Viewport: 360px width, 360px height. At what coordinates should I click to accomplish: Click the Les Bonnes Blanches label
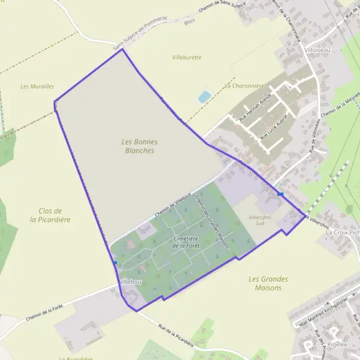[139, 146]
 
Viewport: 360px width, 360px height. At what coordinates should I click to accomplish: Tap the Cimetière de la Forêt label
[185, 242]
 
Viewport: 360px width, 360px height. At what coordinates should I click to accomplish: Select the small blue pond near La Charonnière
[204, 97]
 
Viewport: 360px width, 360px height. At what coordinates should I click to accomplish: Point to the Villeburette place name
[187, 58]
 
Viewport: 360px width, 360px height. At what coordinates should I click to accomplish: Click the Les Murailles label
[37, 86]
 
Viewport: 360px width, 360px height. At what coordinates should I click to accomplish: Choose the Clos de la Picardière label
[50, 215]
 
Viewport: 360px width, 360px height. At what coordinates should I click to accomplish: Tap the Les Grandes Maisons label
[268, 283]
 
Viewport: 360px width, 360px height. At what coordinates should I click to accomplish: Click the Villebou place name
[130, 281]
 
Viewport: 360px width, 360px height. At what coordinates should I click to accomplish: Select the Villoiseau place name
[317, 50]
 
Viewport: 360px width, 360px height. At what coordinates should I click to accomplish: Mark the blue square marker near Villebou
[115, 262]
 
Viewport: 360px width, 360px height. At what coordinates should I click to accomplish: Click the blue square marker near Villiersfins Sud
[280, 194]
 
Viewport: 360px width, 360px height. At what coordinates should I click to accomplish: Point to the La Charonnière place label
[244, 86]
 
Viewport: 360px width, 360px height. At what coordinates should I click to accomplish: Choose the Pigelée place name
[338, 344]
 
